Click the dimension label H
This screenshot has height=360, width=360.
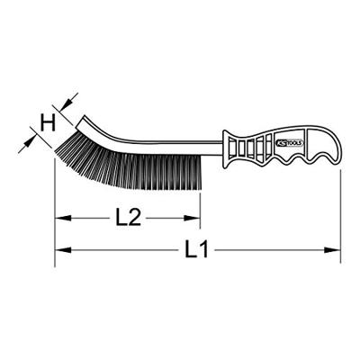(x=49, y=123)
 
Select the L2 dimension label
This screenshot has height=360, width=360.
(x=128, y=218)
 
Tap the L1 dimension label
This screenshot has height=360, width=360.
(x=196, y=249)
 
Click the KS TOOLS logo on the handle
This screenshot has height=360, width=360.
(x=290, y=143)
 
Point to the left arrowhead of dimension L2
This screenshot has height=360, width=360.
(x=63, y=218)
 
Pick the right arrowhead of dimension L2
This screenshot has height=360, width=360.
(x=192, y=218)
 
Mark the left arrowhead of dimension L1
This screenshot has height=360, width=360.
(x=63, y=250)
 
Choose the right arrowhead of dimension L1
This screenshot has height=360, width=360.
(x=332, y=250)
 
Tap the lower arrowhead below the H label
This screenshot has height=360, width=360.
(x=29, y=141)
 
